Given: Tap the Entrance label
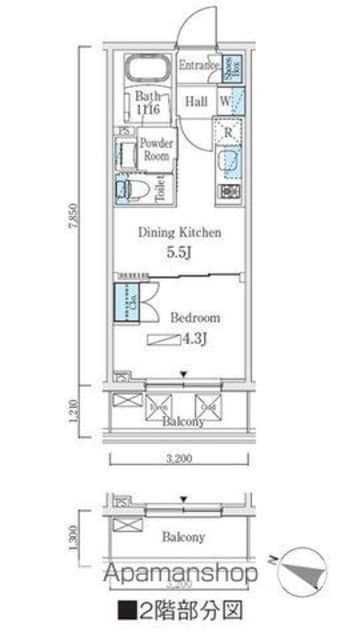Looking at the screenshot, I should click(x=198, y=66).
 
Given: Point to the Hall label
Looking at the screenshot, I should click(x=196, y=101).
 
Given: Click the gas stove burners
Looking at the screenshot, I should click(x=229, y=191).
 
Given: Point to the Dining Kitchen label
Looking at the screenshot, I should click(x=179, y=233).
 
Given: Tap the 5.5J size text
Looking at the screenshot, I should click(x=179, y=253).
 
